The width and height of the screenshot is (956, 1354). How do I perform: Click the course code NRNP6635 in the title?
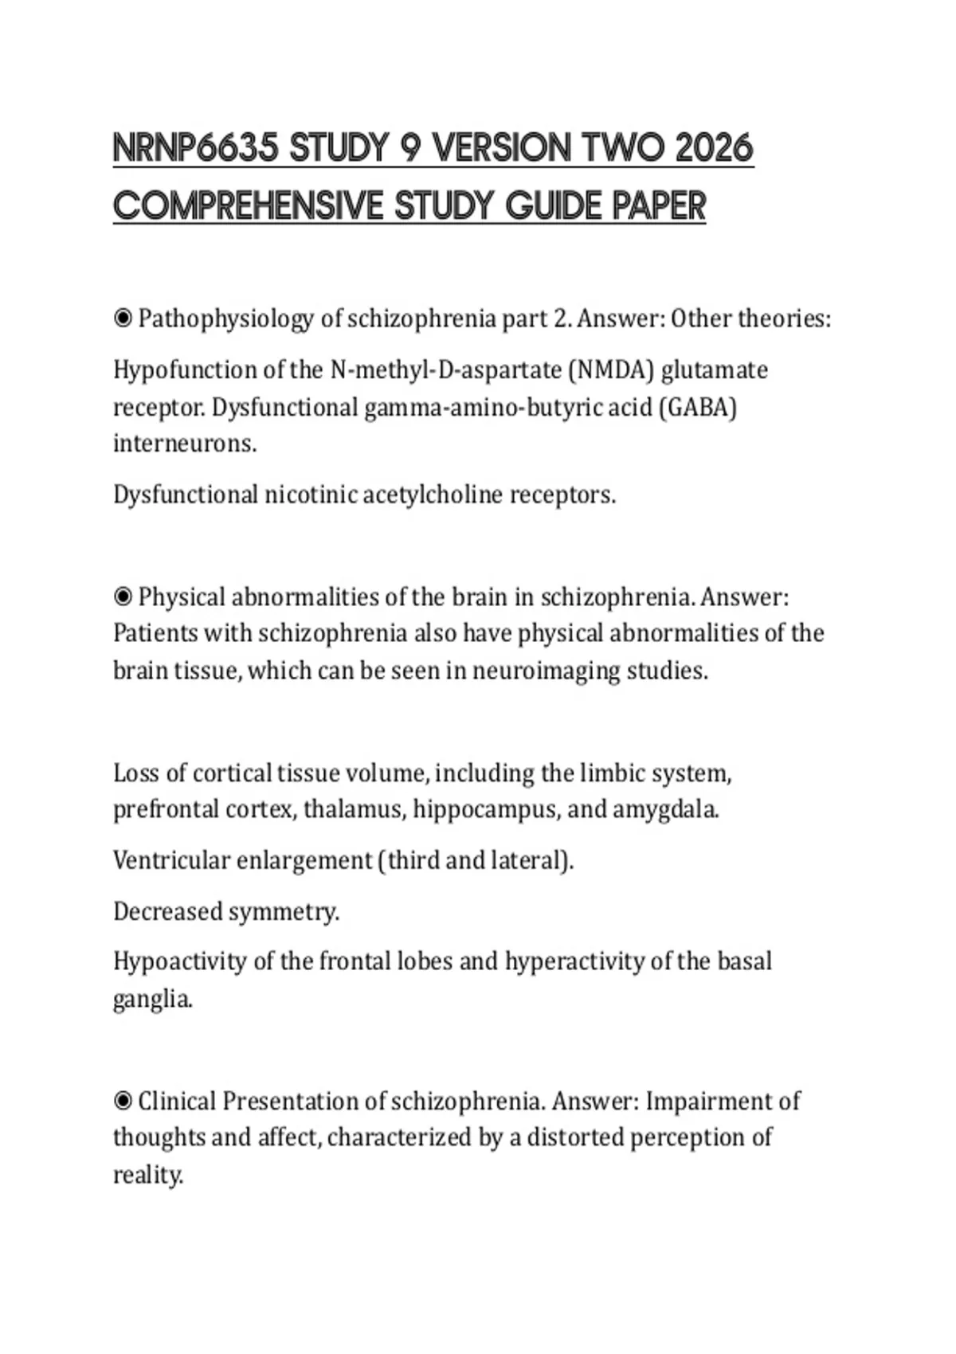pos(196,148)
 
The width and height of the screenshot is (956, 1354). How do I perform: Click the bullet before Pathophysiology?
pos(123,319)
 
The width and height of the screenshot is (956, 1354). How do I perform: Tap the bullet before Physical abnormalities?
pos(123,597)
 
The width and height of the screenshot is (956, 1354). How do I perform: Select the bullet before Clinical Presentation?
pos(123,1102)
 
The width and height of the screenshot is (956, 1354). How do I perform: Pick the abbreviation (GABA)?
pos(698,408)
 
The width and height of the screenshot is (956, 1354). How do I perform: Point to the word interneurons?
pos(184,444)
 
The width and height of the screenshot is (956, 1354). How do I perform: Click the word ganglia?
pos(152,999)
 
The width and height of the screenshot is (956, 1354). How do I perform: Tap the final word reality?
pos(147,1175)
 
